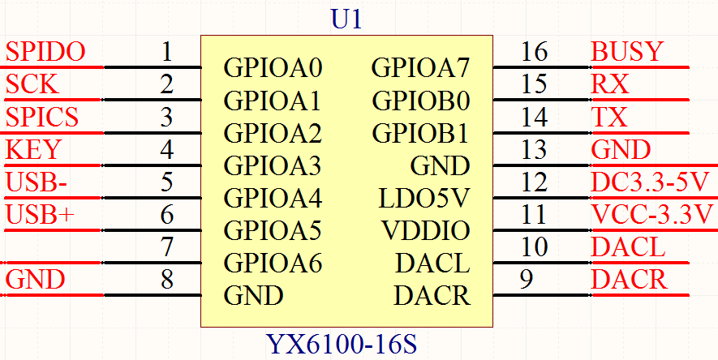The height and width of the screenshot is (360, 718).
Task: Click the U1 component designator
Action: (x=346, y=19)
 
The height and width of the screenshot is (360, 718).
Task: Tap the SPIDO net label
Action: (x=45, y=52)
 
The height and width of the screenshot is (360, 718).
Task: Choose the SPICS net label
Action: (x=42, y=117)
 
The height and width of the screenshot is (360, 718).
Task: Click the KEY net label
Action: (x=33, y=150)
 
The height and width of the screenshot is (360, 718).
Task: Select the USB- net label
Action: (x=37, y=182)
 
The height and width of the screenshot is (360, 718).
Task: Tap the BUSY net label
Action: (x=627, y=52)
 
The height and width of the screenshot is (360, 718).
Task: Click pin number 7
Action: (x=167, y=246)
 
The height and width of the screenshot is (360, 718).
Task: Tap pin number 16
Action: (x=535, y=52)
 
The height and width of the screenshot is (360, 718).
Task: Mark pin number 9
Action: (x=527, y=279)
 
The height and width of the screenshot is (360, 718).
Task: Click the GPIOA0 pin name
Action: (x=273, y=68)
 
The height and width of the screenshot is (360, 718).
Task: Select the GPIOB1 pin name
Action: (x=421, y=133)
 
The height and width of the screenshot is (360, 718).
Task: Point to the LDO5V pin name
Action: (x=424, y=198)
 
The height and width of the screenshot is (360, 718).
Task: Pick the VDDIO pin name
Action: (x=426, y=231)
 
